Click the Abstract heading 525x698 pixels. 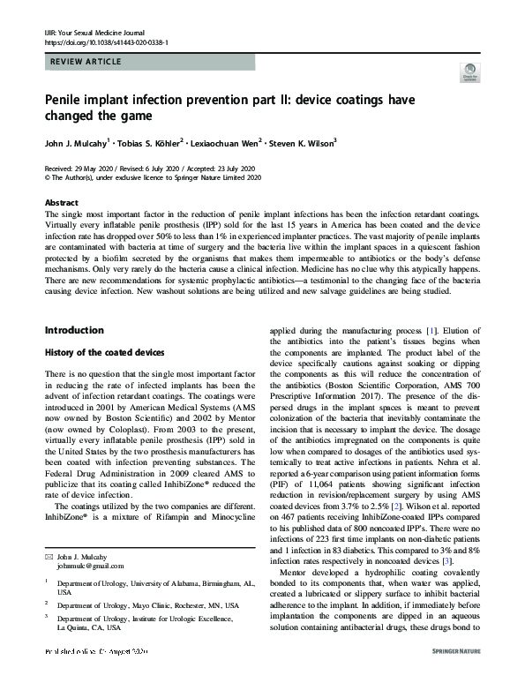coord(61,202)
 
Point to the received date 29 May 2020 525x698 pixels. coord(94,168)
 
